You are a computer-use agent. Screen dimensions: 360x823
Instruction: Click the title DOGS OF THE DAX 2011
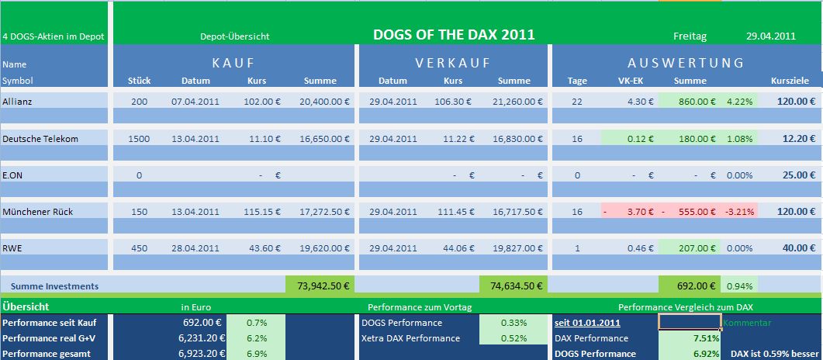coord(454,35)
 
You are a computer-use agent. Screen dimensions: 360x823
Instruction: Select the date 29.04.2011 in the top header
coord(770,36)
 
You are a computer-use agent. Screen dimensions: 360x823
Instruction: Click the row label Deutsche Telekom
coord(40,138)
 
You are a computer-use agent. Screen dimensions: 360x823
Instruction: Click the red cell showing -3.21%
coord(738,211)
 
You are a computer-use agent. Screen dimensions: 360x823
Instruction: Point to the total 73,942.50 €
coord(319,286)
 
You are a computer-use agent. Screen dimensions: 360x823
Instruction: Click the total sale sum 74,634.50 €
coord(512,286)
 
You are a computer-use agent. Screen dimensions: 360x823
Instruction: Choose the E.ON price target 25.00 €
coord(797,175)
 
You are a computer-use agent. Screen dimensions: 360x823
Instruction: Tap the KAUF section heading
coord(233,63)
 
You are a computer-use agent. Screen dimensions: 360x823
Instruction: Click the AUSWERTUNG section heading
coord(686,63)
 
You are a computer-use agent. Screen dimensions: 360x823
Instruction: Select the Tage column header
coord(577,81)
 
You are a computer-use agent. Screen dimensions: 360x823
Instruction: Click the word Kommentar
coord(747,322)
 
